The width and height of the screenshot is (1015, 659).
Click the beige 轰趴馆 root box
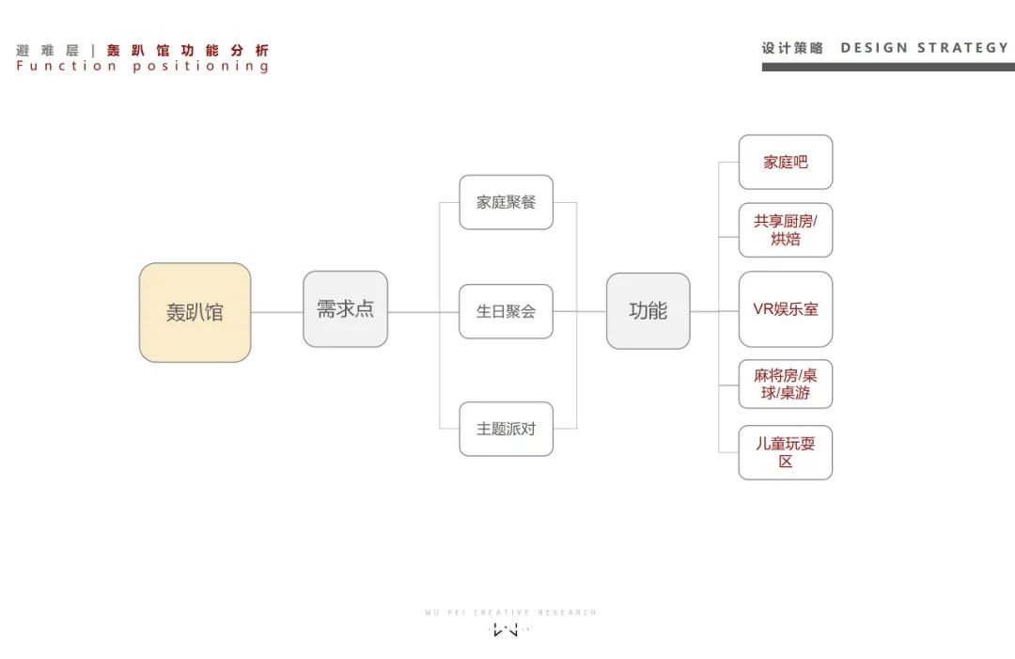195,312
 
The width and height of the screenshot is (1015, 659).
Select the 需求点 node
345,309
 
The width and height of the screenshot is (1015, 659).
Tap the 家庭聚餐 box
506,202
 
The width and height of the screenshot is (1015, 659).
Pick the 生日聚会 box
506,311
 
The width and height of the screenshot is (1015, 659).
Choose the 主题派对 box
506,429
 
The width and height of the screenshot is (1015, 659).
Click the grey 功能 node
648,311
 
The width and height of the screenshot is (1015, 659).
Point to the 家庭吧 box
785,163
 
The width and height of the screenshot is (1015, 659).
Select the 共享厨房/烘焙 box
785,230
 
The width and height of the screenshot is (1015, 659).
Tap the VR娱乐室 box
785,309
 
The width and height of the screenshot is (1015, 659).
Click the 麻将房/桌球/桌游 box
785,384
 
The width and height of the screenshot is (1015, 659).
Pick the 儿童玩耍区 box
785,452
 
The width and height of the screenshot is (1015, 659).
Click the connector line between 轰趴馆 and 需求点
276,312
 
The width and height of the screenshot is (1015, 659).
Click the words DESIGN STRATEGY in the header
924,48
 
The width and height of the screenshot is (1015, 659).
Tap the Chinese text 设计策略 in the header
792,48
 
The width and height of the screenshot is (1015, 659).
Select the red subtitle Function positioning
143,67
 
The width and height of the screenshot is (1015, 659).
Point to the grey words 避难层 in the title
47,51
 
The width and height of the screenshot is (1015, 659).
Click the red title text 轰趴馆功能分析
188,51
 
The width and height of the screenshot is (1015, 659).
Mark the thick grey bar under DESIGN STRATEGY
888,67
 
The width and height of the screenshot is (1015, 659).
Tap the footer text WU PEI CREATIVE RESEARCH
510,612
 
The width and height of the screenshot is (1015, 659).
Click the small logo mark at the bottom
507,630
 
